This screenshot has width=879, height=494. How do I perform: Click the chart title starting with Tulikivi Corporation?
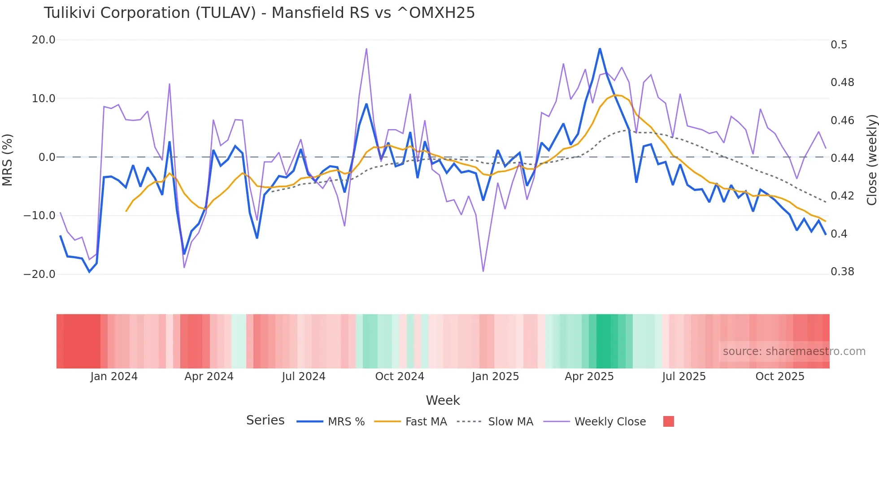coord(259,13)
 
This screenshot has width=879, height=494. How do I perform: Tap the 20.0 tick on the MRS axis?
coord(44,40)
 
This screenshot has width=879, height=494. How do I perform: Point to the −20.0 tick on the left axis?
coord(39,274)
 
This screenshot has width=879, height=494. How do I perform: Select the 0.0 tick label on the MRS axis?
coord(47,157)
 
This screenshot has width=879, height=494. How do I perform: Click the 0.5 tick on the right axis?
coord(839,44)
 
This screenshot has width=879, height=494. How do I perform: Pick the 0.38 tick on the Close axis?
coord(842,271)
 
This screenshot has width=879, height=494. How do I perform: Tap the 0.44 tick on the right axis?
coord(842,158)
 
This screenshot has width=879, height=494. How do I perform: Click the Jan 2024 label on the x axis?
coord(114,376)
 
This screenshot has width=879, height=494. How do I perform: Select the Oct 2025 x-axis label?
coord(779,376)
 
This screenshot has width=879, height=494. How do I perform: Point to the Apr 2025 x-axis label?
coord(589,376)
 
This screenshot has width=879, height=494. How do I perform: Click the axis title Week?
coord(443,400)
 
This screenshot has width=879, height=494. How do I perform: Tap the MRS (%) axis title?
coord(7,160)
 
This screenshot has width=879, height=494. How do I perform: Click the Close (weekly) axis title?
coord(871,160)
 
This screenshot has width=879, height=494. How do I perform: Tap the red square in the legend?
coord(668,421)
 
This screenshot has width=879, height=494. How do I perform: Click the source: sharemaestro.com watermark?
coord(794,351)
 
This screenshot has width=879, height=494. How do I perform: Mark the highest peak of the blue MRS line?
coord(600,49)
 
